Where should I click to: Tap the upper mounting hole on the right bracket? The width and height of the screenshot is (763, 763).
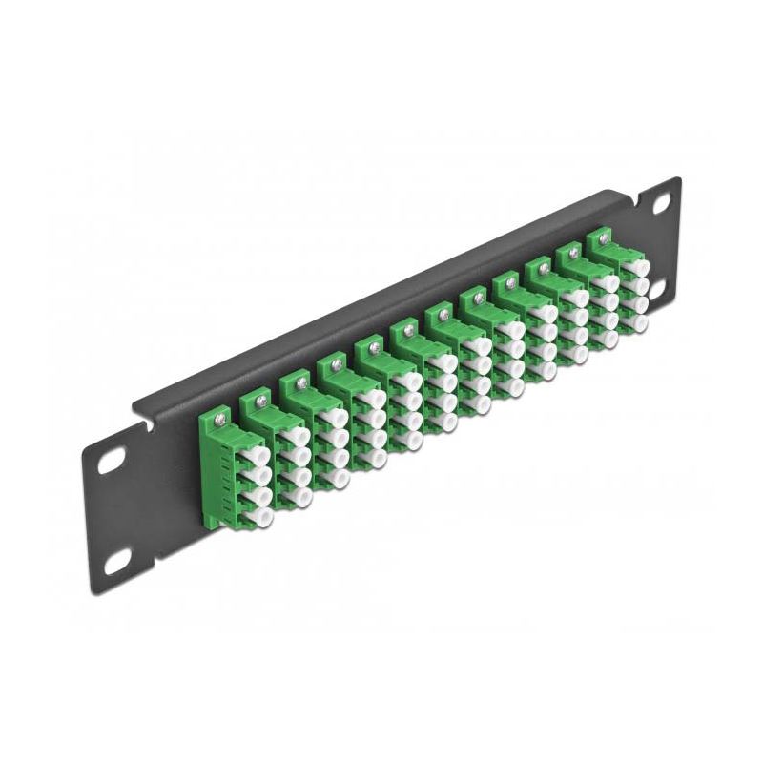click(659, 204)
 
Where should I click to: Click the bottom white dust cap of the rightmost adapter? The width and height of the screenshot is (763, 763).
click(638, 321)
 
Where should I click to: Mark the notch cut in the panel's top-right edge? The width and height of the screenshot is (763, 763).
click(648, 186)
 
